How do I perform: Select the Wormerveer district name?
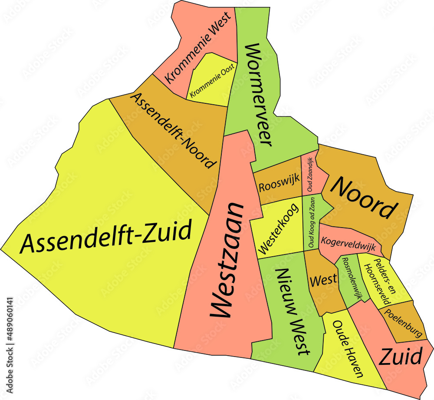(259, 94)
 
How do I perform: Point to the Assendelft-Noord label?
(174, 130)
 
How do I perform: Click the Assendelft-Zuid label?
(106, 237)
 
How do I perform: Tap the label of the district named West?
(323, 280)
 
